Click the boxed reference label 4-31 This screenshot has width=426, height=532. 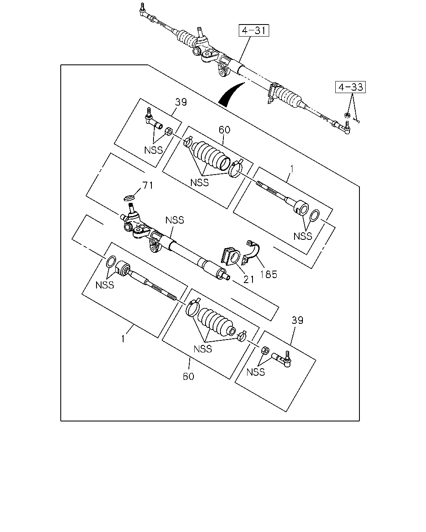pyautogui.click(x=254, y=30)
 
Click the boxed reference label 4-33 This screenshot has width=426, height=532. pyautogui.click(x=350, y=87)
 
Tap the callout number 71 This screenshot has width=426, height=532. pyautogui.click(x=148, y=185)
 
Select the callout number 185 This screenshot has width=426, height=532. pyautogui.click(x=269, y=274)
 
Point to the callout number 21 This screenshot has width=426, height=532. pyautogui.click(x=248, y=279)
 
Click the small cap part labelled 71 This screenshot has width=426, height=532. pyautogui.click(x=129, y=198)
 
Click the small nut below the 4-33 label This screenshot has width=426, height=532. pyautogui.click(x=347, y=115)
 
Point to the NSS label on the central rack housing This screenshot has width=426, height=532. pyautogui.click(x=175, y=220)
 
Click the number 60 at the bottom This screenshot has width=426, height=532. pyautogui.click(x=188, y=376)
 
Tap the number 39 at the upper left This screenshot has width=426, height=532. pyautogui.click(x=181, y=102)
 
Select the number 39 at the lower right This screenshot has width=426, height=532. pyautogui.click(x=297, y=320)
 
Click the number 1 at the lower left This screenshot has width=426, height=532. pyautogui.click(x=123, y=338)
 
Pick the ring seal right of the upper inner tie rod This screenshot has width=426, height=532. pyautogui.click(x=315, y=216)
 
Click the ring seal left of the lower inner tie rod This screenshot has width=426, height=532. pyautogui.click(x=111, y=261)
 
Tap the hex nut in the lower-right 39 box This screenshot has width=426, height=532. pyautogui.click(x=265, y=350)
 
